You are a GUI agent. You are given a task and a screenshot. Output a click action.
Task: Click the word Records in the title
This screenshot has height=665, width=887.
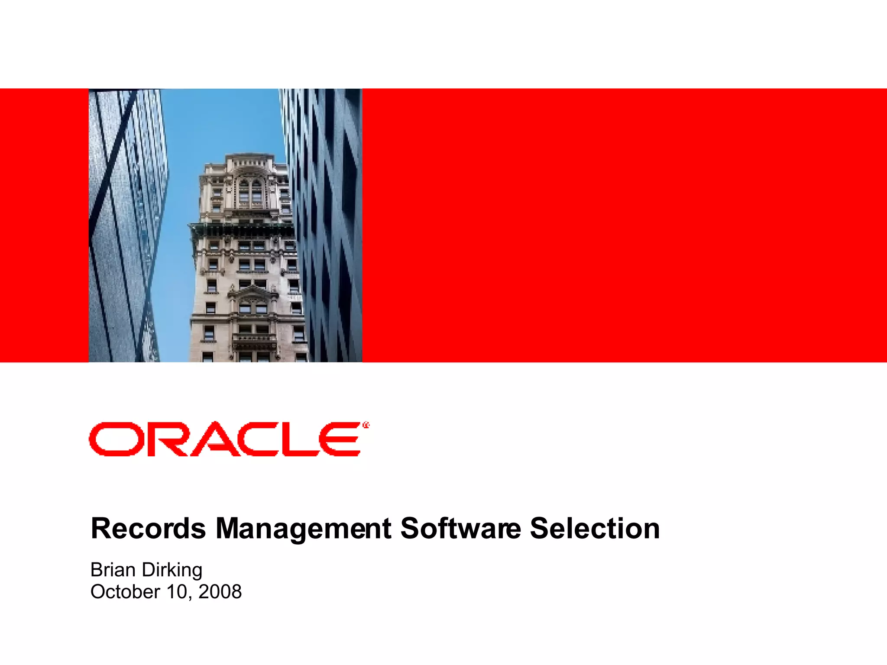(148, 529)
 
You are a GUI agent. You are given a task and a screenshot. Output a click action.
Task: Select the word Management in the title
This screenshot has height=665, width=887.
(304, 529)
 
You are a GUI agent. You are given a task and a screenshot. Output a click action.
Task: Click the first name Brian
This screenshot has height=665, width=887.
(113, 570)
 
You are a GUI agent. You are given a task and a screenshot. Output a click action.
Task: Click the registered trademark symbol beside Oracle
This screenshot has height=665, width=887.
(366, 426)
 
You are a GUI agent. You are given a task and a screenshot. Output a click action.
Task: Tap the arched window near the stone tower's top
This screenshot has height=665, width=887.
(250, 190)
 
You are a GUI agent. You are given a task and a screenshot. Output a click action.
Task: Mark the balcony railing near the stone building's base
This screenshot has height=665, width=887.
(255, 338)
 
